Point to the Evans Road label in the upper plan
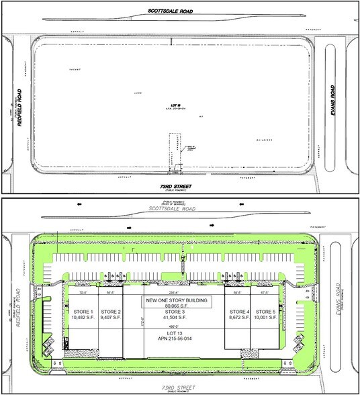[334, 101]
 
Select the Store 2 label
[111, 312]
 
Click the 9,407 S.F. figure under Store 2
[111, 320]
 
